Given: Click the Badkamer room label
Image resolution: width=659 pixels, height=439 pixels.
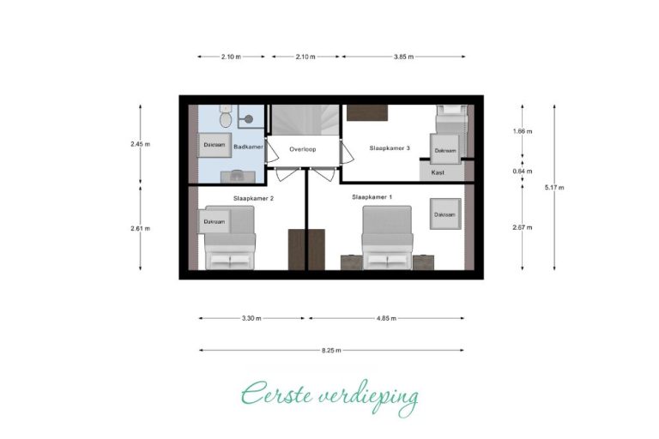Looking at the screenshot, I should click(247, 147).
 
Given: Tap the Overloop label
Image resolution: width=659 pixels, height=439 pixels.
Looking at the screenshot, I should click(303, 148).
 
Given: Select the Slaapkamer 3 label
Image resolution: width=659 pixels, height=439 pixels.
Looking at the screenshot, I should click(390, 148).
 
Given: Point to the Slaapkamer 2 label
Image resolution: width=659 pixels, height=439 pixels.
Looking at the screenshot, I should click(253, 198).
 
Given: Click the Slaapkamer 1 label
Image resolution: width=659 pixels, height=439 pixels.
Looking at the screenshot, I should click(372, 197).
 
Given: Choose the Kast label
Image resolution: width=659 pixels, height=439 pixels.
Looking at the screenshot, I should click(438, 172).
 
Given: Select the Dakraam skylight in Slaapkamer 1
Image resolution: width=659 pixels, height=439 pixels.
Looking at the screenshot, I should click(444, 214).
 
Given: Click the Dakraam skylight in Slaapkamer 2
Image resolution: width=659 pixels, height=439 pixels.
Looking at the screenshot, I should click(215, 222).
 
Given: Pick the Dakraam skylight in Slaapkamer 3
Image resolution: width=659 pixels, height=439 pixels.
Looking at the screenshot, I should click(445, 150).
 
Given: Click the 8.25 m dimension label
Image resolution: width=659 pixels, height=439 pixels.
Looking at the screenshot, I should click(331, 351).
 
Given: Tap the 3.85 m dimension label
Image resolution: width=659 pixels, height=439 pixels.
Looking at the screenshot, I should click(403, 57).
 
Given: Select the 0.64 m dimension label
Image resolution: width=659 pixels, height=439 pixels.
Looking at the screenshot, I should click(522, 171).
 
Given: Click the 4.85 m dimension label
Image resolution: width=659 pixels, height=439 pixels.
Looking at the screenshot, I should click(385, 318).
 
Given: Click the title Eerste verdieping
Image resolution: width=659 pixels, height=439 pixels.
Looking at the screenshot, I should click(330, 396).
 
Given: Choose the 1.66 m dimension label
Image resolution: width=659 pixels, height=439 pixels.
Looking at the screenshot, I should click(522, 131).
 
